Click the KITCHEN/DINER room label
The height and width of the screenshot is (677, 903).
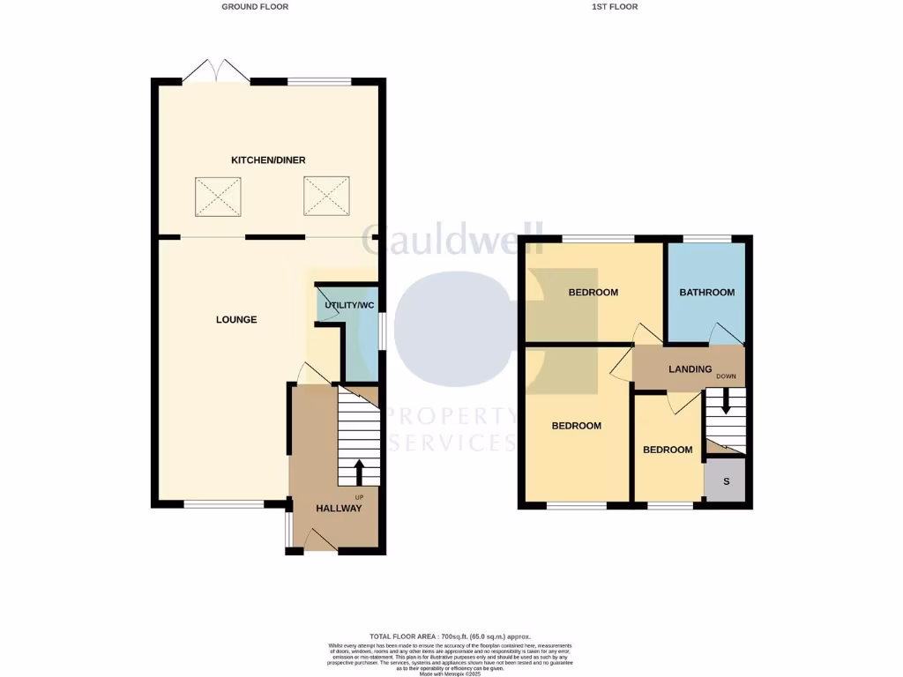(268, 160)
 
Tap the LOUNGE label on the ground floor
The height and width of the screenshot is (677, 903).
(236, 319)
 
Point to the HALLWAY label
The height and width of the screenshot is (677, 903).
(340, 509)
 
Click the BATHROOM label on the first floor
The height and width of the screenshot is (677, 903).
(706, 293)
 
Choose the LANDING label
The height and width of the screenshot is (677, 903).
(690, 369)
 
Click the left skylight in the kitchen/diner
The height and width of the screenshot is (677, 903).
(218, 196)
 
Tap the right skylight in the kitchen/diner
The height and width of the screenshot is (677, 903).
(328, 196)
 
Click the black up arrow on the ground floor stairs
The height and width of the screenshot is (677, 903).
(359, 471)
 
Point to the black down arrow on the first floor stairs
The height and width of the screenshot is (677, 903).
(724, 402)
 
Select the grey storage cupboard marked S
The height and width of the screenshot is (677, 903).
(726, 481)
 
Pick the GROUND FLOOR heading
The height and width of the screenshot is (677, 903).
(255, 6)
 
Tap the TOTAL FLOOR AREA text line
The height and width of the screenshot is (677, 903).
(451, 636)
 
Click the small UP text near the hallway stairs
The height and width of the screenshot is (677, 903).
(359, 497)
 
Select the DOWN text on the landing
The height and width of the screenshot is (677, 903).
(726, 376)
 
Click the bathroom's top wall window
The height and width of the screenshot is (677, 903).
(706, 239)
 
